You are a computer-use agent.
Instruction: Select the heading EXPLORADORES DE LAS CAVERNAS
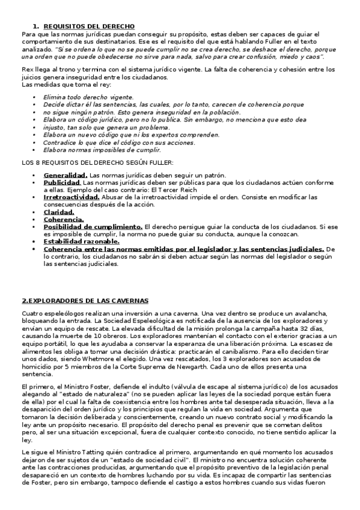[x=85, y=300]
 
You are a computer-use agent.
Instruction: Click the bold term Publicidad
[x=61, y=182]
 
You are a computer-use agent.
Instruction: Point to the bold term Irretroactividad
[x=72, y=197]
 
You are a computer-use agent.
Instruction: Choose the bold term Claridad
[x=59, y=212]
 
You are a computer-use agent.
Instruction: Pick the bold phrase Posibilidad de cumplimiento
[x=93, y=227]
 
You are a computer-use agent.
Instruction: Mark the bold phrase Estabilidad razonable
[x=81, y=241]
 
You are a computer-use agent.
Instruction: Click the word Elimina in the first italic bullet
[x=54, y=97]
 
